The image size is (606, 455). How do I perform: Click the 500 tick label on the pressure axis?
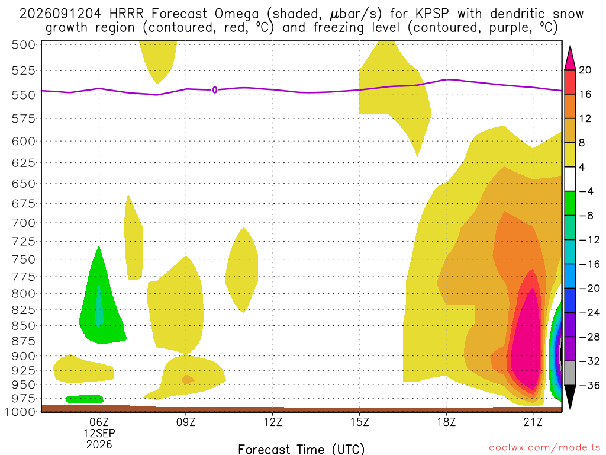click(x=24, y=45)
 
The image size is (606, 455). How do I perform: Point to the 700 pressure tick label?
click(x=24, y=223)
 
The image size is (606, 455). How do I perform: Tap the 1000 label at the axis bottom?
click(x=20, y=412)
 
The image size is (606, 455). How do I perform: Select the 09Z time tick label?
click(x=186, y=422)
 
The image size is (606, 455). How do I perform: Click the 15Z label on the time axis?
click(x=359, y=422)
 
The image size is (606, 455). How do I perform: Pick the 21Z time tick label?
click(x=533, y=422)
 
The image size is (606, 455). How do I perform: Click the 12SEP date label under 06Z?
click(x=99, y=433)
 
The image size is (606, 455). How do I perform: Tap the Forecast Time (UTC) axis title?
click(x=301, y=449)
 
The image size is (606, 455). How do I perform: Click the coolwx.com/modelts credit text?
click(x=544, y=448)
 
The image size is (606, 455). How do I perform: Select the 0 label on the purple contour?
click(x=214, y=90)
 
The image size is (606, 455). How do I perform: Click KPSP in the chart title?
click(x=432, y=14)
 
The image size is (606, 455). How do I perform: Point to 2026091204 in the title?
click(x=60, y=14)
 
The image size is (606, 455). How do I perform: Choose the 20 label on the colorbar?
click(x=585, y=70)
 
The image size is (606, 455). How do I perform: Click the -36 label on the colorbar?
click(x=589, y=385)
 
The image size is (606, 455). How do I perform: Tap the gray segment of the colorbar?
click(x=570, y=373)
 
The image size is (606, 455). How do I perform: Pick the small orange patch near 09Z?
click(x=188, y=380)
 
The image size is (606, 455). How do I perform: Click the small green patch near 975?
click(x=85, y=399)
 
